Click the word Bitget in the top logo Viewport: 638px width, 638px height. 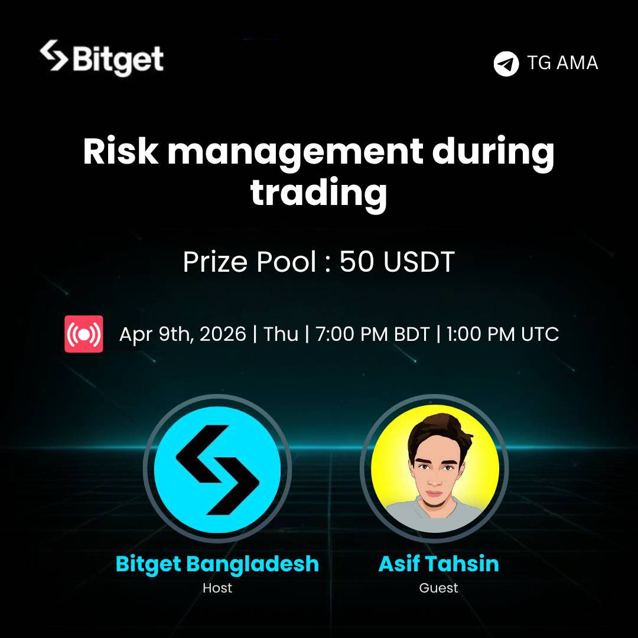(118, 59)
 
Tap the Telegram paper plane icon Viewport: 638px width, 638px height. (506, 63)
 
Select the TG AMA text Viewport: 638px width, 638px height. (562, 63)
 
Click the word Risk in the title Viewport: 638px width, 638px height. (121, 154)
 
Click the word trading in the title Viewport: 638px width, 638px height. (319, 193)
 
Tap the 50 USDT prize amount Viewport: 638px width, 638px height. (396, 262)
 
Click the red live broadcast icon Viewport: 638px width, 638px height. (84, 334)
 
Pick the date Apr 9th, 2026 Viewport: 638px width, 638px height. (183, 334)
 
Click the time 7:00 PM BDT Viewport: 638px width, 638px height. (372, 334)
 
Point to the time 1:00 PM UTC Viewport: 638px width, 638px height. (502, 334)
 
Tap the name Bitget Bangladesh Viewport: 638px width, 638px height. (217, 564)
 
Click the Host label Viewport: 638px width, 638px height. (217, 588)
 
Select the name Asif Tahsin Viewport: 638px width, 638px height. (438, 564)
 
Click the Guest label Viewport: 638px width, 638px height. (438, 588)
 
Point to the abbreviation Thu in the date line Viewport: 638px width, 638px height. (281, 334)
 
